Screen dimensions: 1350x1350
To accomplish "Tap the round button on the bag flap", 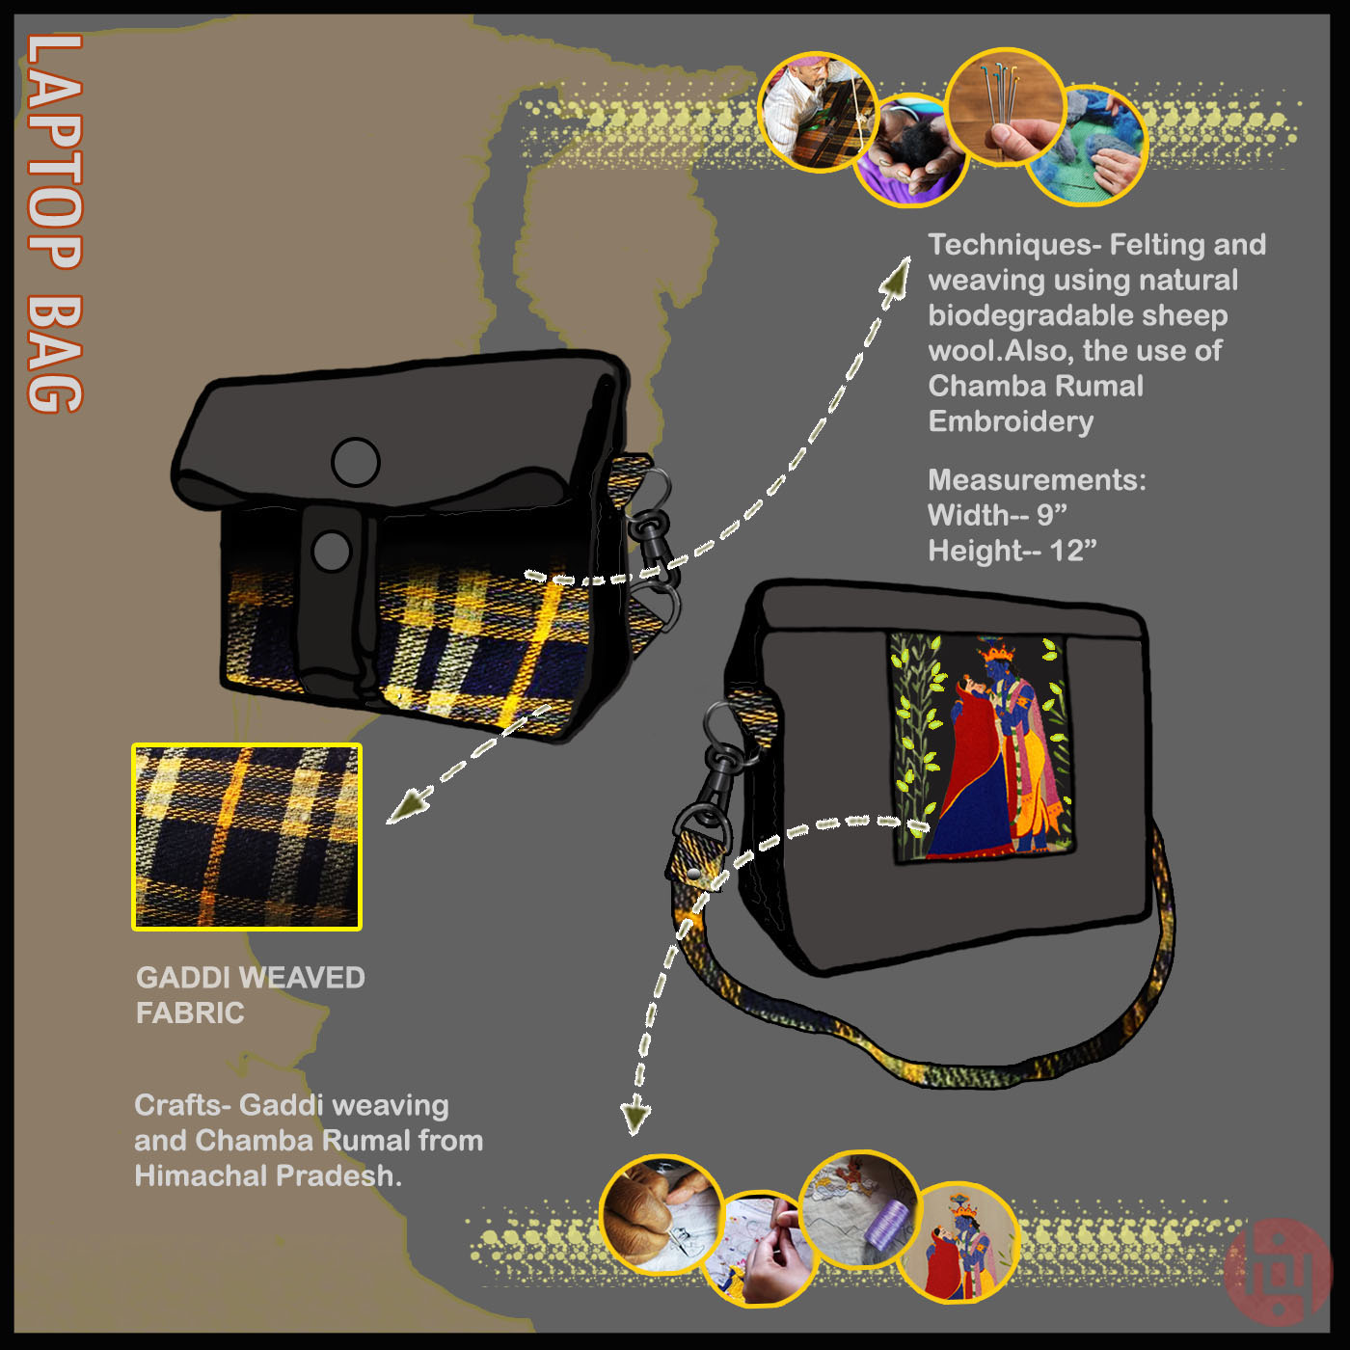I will click(x=355, y=462).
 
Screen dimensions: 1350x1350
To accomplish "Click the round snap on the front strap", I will click(x=332, y=551).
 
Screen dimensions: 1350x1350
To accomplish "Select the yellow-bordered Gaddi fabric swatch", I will click(x=247, y=837).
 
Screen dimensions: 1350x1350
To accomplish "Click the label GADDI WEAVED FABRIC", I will click(x=250, y=994).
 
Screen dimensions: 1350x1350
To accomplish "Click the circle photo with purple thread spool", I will click(x=860, y=1207).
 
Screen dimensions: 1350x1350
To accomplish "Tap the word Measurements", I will click(x=1037, y=479).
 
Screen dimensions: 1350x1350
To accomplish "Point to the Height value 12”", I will click(x=1073, y=551).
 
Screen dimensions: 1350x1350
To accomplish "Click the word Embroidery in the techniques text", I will click(x=1011, y=421).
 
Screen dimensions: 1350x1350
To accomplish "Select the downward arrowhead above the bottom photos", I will click(x=635, y=1118).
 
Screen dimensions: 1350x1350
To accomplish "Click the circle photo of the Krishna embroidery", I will click(x=964, y=1242).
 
